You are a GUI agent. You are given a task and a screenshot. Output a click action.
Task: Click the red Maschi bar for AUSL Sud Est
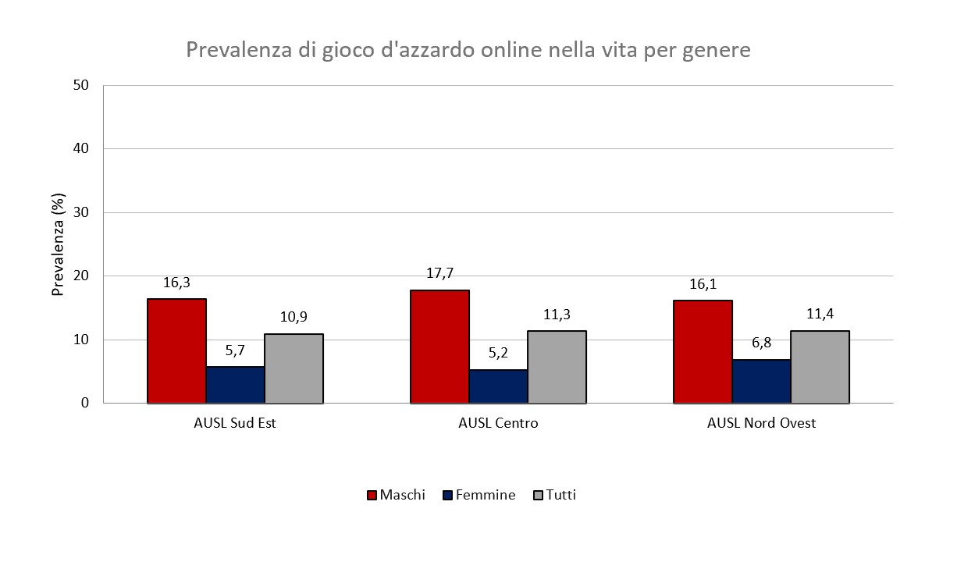tap(177, 350)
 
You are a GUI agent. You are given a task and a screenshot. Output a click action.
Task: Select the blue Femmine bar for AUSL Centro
tap(498, 386)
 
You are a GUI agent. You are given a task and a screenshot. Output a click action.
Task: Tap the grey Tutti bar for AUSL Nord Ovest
tap(820, 367)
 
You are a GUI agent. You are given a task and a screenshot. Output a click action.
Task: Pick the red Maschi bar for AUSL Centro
tap(439, 347)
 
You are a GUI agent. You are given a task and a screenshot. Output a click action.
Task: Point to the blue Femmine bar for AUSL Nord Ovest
tap(761, 381)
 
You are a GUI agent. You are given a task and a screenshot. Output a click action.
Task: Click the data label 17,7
tap(439, 272)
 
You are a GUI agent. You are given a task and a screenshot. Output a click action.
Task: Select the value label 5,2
tap(498, 352)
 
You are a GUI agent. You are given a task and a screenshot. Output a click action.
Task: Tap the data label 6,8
tap(761, 342)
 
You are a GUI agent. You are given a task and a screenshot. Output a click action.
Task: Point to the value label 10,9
tap(294, 317)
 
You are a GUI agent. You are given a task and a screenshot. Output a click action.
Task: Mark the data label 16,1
tap(703, 283)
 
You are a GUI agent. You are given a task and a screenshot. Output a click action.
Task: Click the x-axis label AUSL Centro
tap(498, 424)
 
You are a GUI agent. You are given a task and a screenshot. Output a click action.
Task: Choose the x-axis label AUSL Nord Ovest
tap(761, 424)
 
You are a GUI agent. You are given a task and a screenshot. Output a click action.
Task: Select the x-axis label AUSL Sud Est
tap(235, 424)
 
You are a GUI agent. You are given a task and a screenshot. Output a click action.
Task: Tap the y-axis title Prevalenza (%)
tap(57, 244)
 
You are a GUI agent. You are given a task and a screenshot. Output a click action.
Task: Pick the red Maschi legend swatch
tap(372, 496)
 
